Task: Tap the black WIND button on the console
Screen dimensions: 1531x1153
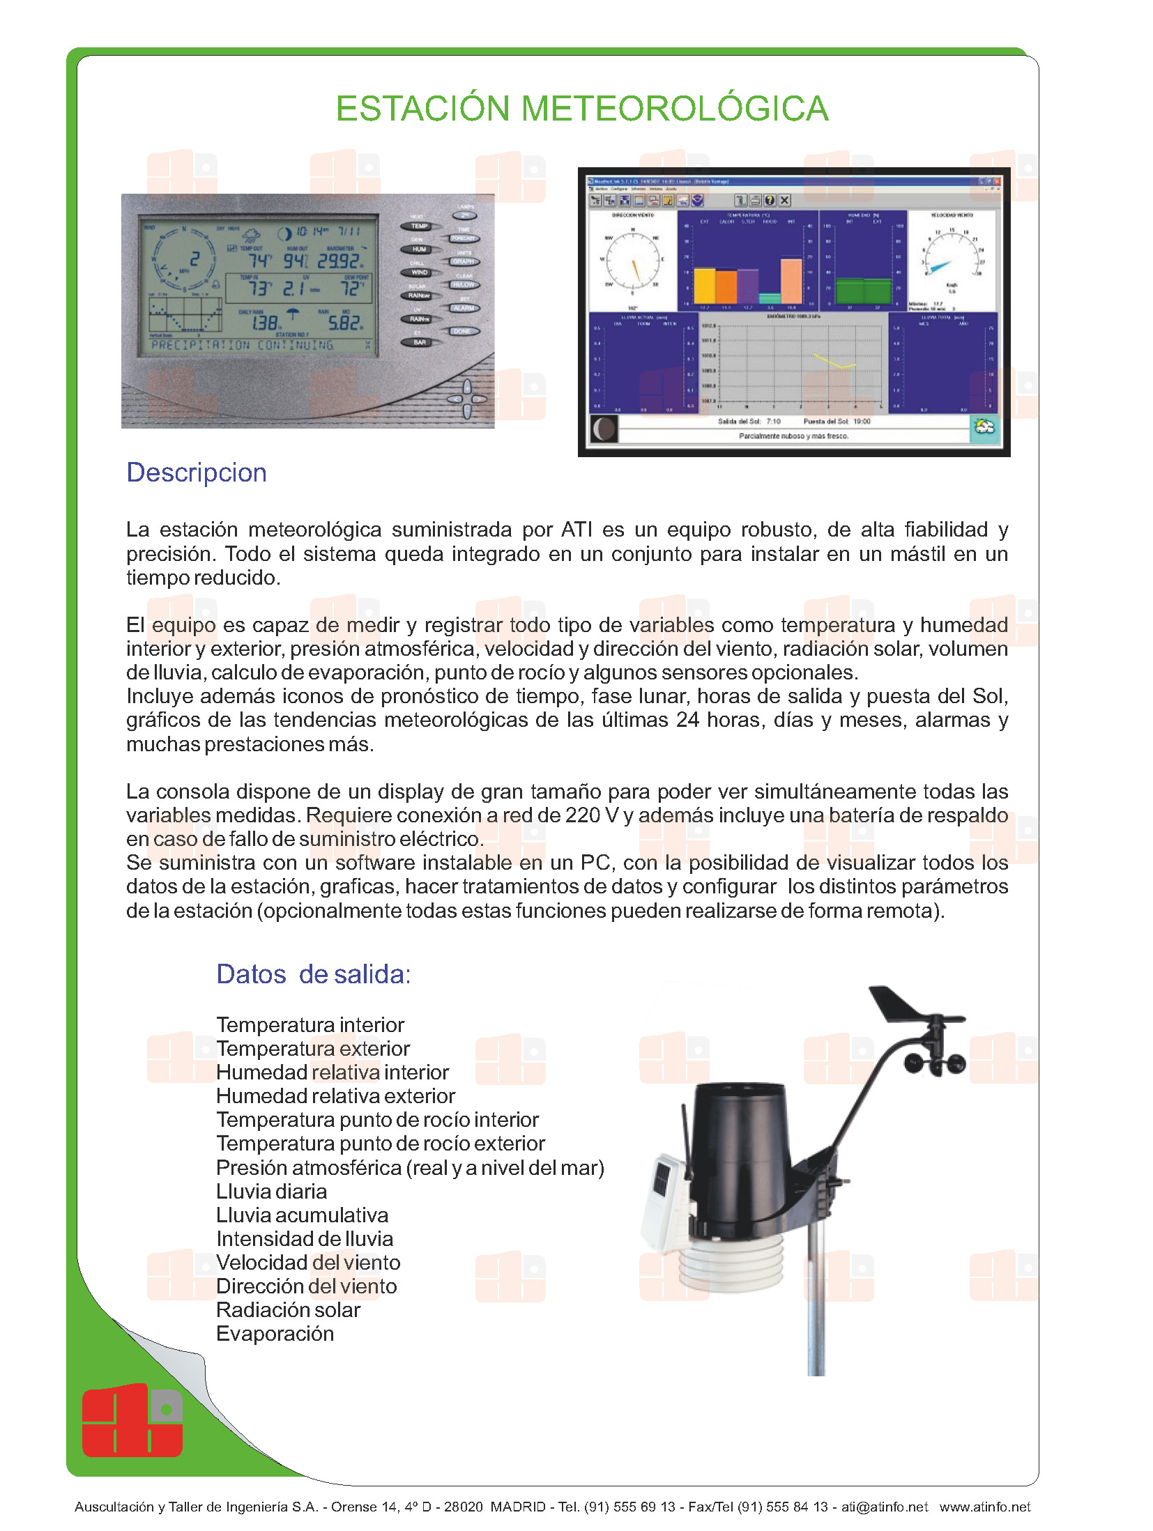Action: click(419, 272)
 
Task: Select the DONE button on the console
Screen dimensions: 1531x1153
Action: click(462, 332)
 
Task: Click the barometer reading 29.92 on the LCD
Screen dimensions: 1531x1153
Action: click(340, 261)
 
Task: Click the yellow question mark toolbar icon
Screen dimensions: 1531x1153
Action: click(770, 200)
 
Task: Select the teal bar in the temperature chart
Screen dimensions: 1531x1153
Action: click(770, 298)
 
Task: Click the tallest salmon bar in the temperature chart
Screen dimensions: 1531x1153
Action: click(791, 281)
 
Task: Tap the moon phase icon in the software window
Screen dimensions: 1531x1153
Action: click(604, 429)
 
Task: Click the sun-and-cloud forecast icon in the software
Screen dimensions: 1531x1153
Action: click(984, 428)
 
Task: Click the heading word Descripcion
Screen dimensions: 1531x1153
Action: click(197, 472)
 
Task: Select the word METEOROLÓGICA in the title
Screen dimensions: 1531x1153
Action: click(674, 109)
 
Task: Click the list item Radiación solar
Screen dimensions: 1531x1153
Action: click(288, 1310)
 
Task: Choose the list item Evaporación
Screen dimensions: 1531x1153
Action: click(275, 1334)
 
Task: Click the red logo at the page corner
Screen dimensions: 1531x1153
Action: click(132, 1422)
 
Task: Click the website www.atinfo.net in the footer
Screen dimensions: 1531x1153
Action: click(984, 1507)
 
